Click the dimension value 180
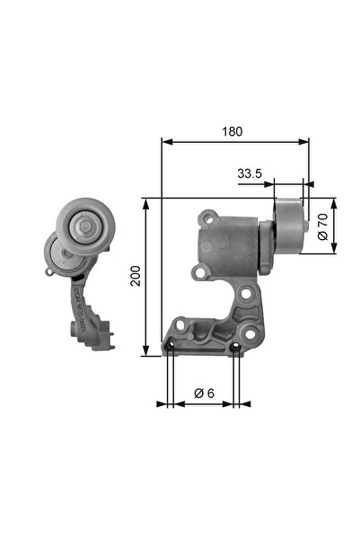pos(233,131)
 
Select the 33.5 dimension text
pos(250,173)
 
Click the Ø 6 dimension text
pos(204,393)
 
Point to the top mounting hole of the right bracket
pos(208,217)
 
